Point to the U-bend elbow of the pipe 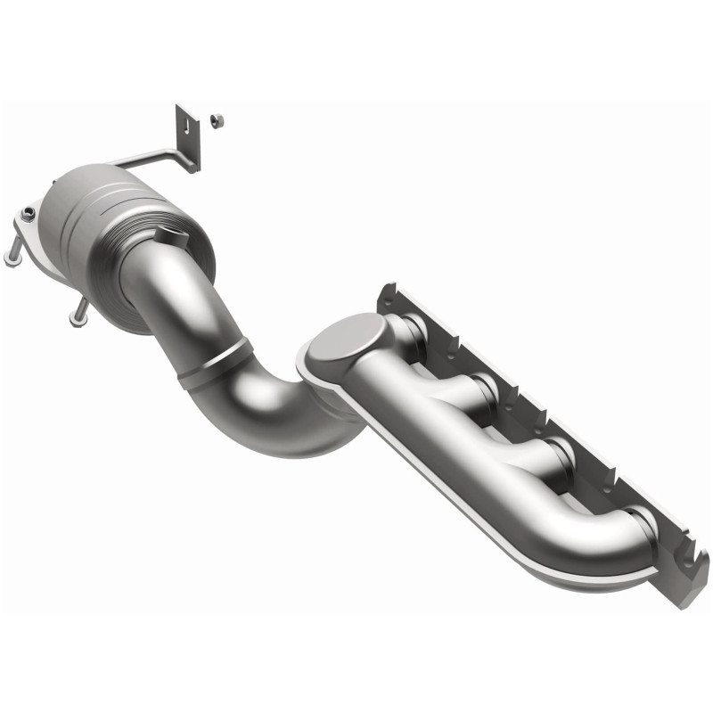pyautogui.click(x=267, y=419)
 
